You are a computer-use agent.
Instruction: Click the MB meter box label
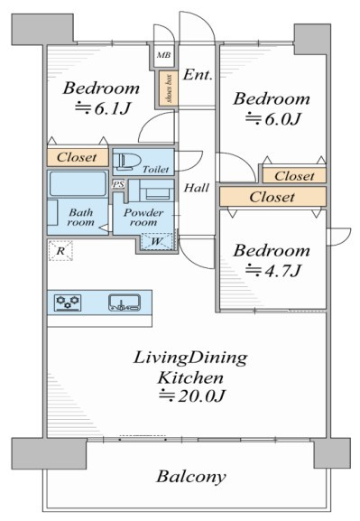pyautogui.click(x=163, y=55)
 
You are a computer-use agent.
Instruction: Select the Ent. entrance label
pyautogui.click(x=198, y=74)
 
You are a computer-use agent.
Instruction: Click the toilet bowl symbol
pyautogui.click(x=127, y=162)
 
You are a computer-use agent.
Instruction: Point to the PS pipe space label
pyautogui.click(x=118, y=184)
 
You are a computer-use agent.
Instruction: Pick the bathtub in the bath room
pyautogui.click(x=78, y=183)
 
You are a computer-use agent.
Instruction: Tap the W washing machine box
pyautogui.click(x=157, y=241)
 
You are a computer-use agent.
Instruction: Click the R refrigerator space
pyautogui.click(x=60, y=250)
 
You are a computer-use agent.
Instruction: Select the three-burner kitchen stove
pyautogui.click(x=68, y=302)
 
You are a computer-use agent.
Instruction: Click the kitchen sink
pyautogui.click(x=125, y=302)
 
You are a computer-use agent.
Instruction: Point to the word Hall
pyautogui.click(x=197, y=188)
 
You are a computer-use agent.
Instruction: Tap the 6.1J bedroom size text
pyautogui.click(x=102, y=108)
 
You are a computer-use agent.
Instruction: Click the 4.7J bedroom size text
pyautogui.click(x=273, y=271)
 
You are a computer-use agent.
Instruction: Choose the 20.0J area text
pyautogui.click(x=192, y=395)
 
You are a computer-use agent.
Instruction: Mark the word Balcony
pyautogui.click(x=191, y=477)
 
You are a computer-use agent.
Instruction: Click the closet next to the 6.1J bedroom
pyautogui.click(x=78, y=157)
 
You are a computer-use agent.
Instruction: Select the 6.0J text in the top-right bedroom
pyautogui.click(x=273, y=118)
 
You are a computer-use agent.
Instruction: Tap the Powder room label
pyautogui.click(x=143, y=218)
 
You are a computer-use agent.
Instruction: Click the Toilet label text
pyautogui.click(x=156, y=170)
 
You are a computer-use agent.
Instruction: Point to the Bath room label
pyautogui.click(x=80, y=217)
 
